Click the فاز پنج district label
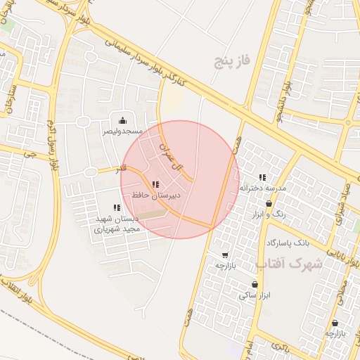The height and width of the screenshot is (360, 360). coord(232,63)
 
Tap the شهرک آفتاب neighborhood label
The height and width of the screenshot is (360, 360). coord(288,264)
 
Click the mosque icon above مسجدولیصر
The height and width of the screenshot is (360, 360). coord(123,120)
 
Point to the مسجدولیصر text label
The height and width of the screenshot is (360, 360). coord(123,131)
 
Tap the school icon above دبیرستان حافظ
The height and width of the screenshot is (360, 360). coord(155,184)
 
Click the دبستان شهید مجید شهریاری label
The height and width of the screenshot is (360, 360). coord(117,224)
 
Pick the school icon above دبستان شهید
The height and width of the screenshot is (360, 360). coord(117,207)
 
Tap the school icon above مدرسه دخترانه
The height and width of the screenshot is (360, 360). coord(263,178)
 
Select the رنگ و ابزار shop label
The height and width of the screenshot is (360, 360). coord(269,214)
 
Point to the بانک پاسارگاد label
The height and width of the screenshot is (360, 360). coord(288,243)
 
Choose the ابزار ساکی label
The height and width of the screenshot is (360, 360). coord(254,296)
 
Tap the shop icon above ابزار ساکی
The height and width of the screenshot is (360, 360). coord(255,285)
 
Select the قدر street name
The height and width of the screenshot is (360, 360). coord(122,169)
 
